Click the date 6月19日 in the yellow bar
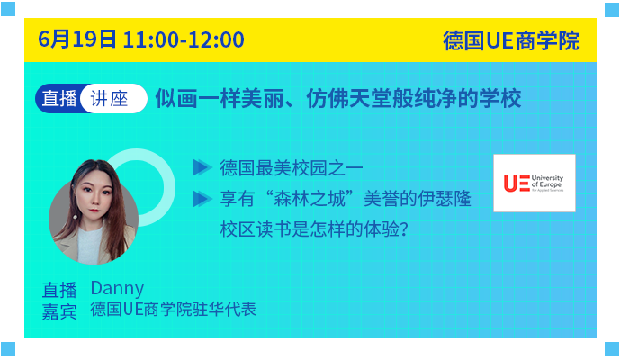[77, 40]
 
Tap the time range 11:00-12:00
[184, 40]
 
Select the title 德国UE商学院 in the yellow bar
[511, 40]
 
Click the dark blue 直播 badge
[59, 98]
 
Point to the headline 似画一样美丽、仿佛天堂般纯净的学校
[338, 98]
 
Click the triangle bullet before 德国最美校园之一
[202, 167]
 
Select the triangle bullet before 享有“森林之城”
[202, 199]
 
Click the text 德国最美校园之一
[292, 168]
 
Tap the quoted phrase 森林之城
[310, 199]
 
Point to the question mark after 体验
[404, 229]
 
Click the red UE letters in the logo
[517, 184]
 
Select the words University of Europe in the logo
[547, 182]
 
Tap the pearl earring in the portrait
[75, 217]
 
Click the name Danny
[117, 288]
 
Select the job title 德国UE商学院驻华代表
[174, 310]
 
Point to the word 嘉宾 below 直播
[59, 312]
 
